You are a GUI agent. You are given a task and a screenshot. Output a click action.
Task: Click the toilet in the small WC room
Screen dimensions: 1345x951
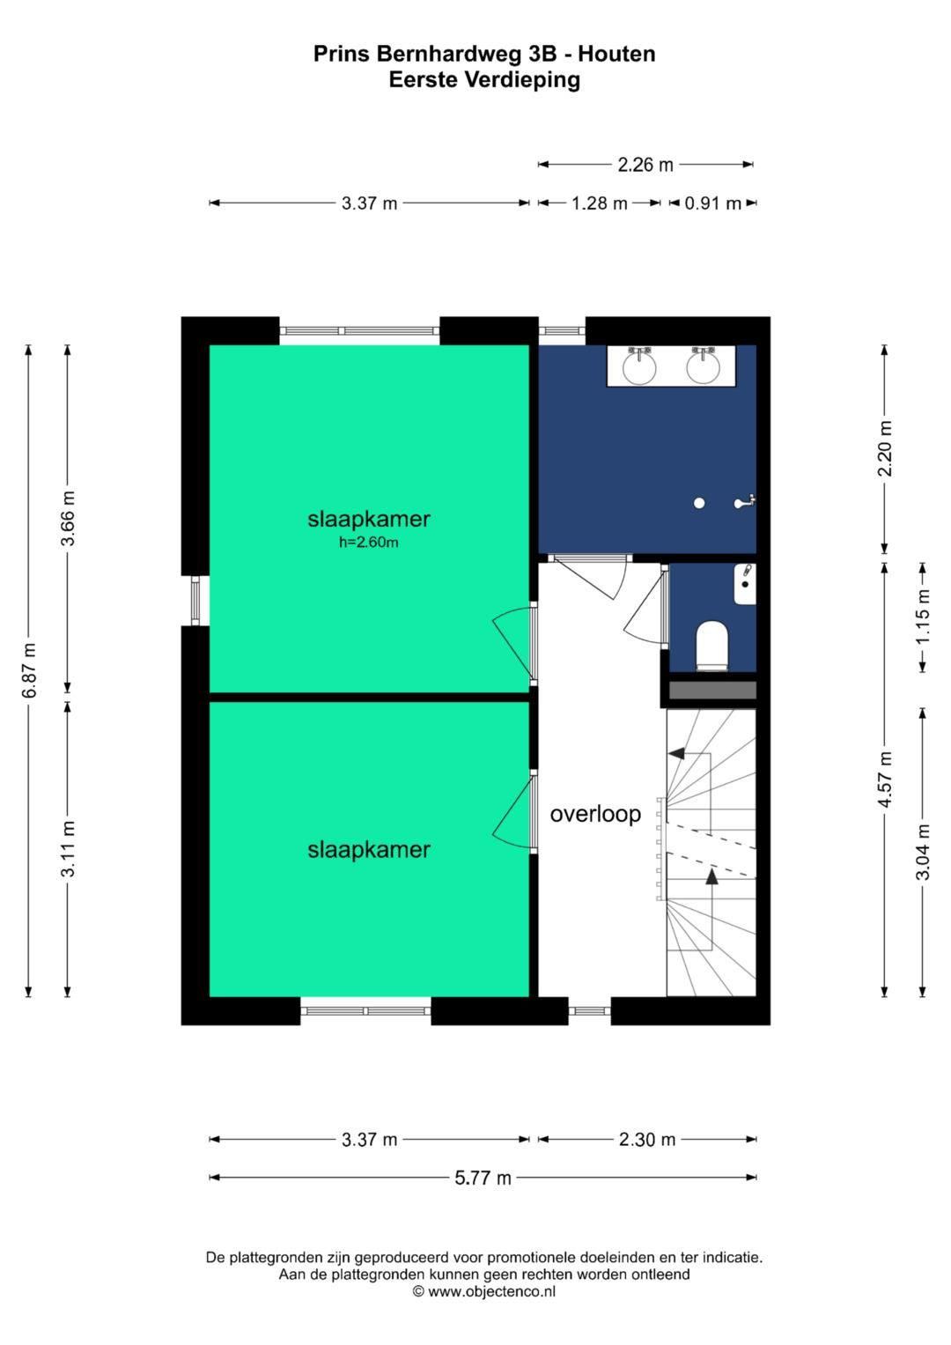[711, 645]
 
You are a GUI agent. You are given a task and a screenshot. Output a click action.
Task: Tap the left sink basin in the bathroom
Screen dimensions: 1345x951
[639, 366]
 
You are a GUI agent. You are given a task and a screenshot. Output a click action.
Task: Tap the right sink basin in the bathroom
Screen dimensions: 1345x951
[704, 366]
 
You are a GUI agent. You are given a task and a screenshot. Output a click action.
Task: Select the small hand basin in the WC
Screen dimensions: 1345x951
[745, 584]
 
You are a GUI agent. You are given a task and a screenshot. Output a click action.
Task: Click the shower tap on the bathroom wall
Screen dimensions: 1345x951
[745, 503]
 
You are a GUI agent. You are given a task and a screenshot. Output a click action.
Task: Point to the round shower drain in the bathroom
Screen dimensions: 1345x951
[699, 503]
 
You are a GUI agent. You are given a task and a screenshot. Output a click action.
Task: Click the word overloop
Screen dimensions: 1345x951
[595, 814]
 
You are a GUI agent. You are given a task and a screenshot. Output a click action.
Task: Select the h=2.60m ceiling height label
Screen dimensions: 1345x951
[369, 543]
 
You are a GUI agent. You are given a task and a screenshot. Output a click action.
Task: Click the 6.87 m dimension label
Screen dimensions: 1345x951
[29, 670]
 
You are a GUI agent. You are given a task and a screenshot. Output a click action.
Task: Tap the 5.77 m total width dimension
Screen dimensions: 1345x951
[483, 1178]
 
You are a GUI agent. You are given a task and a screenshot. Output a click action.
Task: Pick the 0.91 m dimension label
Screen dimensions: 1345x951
[713, 203]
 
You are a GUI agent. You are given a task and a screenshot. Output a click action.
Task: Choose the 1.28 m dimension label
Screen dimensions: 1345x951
[600, 203]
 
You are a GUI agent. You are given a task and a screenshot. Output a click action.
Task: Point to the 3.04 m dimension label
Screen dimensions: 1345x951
[923, 852]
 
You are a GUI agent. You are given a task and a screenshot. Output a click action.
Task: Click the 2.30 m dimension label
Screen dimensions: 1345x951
[647, 1140]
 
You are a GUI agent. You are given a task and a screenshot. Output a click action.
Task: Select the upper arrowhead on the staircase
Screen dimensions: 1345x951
[676, 753]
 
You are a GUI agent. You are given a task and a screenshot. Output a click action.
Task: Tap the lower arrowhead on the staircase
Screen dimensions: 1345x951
[711, 876]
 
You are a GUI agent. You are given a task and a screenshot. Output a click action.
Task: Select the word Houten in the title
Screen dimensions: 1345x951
[616, 54]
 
